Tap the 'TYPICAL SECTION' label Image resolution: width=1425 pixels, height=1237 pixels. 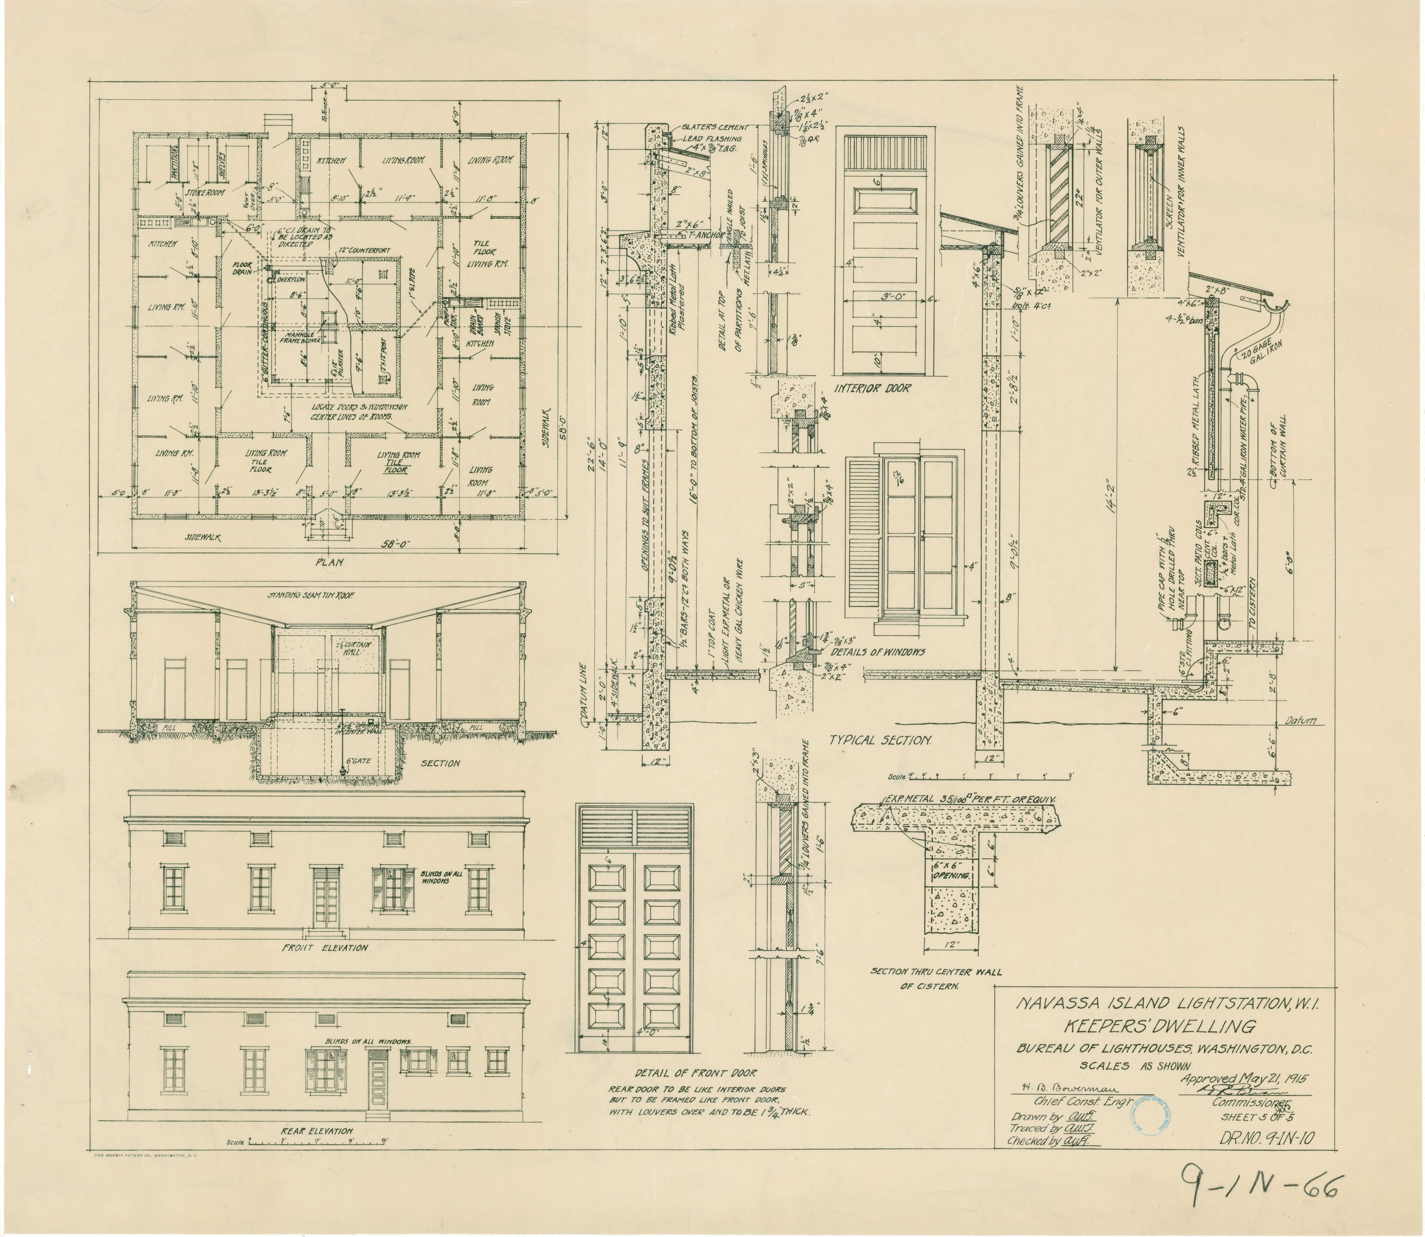881,740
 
